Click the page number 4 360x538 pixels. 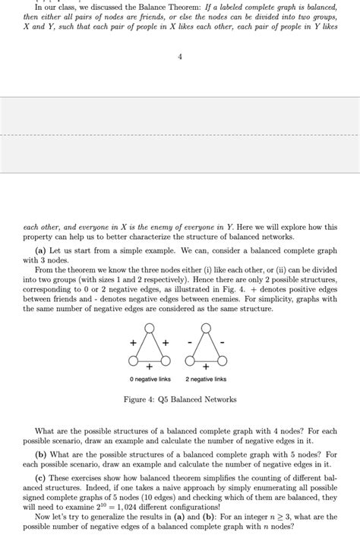(x=180, y=55)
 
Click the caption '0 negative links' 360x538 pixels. (x=149, y=379)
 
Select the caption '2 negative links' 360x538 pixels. (x=206, y=379)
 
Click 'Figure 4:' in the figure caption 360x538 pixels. (x=139, y=399)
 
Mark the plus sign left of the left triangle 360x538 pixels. (x=133, y=342)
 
